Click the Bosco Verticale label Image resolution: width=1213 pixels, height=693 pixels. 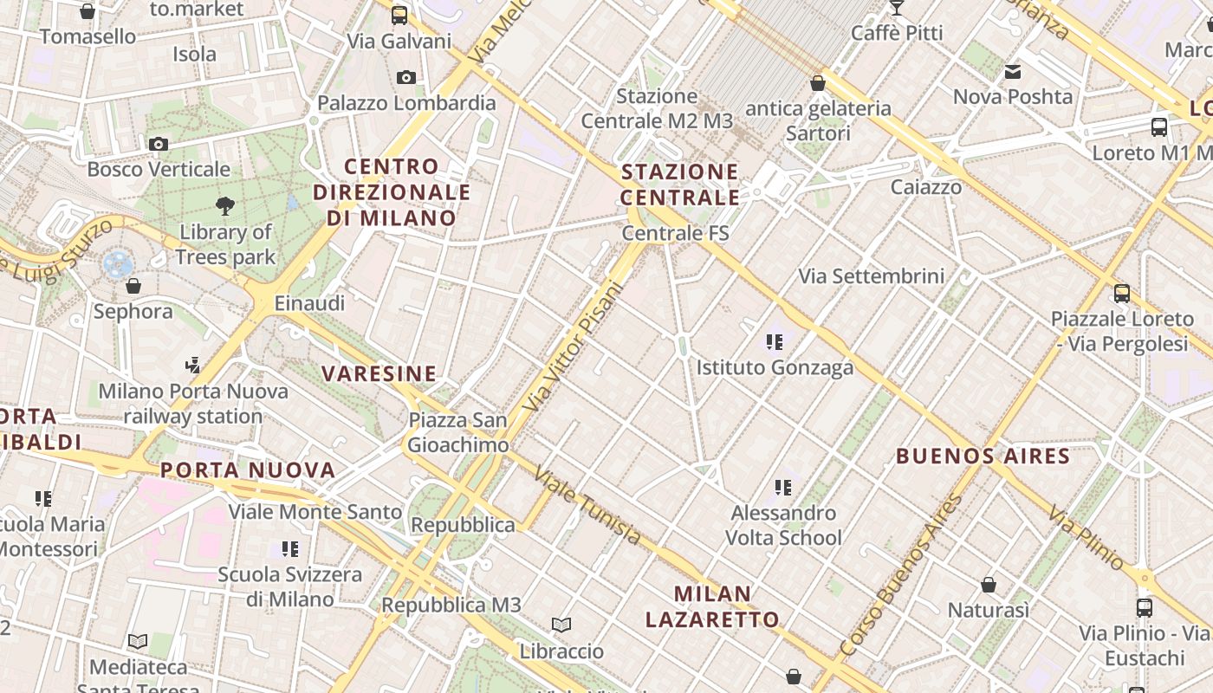point(159,169)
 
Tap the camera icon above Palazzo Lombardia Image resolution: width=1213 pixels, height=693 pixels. point(405,78)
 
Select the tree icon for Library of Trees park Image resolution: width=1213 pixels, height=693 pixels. point(225,205)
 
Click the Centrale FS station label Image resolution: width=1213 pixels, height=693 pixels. point(676,233)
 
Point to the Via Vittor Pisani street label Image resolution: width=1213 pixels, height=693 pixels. point(574,346)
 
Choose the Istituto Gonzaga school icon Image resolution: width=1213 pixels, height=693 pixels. point(775,342)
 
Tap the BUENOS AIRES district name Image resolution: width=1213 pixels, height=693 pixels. point(983,456)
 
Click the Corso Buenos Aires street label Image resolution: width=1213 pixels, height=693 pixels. point(902,573)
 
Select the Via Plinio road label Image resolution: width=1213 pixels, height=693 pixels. point(1087,539)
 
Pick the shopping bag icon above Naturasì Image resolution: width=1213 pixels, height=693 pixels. point(989,585)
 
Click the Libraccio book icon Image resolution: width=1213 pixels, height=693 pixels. point(561,625)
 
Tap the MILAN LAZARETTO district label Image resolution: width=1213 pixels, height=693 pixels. point(712,606)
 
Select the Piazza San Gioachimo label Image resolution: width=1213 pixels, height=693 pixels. point(458,432)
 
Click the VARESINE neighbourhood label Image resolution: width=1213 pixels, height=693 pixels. point(379,374)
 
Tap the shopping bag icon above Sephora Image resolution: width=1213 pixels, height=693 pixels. point(133,285)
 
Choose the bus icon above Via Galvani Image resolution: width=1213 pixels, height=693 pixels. point(399,15)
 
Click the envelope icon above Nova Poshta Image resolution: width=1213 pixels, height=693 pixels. point(1013,71)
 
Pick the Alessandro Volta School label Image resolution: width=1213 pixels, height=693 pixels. point(783,525)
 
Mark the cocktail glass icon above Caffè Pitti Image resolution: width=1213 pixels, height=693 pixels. point(896,8)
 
